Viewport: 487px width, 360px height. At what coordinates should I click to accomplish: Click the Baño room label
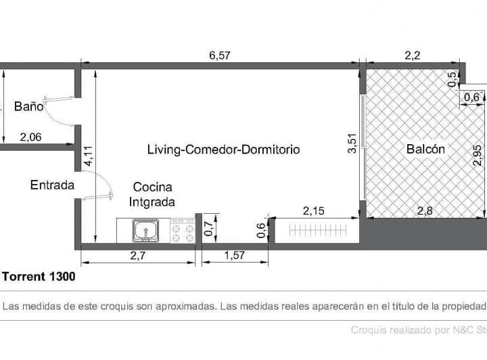(x=28, y=106)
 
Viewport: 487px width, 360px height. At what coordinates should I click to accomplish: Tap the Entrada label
(x=52, y=185)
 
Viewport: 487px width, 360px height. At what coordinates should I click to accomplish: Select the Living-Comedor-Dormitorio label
(x=223, y=150)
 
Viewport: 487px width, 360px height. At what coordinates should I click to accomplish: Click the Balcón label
(x=425, y=149)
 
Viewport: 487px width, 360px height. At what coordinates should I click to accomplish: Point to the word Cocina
(x=152, y=187)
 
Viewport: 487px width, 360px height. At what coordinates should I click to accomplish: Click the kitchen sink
(x=145, y=231)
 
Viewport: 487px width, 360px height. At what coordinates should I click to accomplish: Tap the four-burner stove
(x=183, y=231)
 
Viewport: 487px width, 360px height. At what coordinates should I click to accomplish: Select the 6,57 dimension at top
(x=220, y=55)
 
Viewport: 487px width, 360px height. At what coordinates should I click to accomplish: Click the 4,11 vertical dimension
(x=88, y=156)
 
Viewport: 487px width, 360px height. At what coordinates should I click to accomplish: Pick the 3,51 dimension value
(x=352, y=143)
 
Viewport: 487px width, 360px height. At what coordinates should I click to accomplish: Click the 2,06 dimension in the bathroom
(x=30, y=137)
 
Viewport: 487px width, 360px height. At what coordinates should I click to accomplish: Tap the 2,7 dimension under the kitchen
(x=137, y=256)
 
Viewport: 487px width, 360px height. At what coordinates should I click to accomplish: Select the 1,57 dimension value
(x=235, y=256)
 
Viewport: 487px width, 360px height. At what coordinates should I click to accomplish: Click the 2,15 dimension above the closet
(x=314, y=211)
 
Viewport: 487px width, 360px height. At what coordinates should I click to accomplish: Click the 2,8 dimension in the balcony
(x=425, y=211)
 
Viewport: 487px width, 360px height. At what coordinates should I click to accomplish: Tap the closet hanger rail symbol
(x=317, y=231)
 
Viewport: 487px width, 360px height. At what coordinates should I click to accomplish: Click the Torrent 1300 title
(x=39, y=277)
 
